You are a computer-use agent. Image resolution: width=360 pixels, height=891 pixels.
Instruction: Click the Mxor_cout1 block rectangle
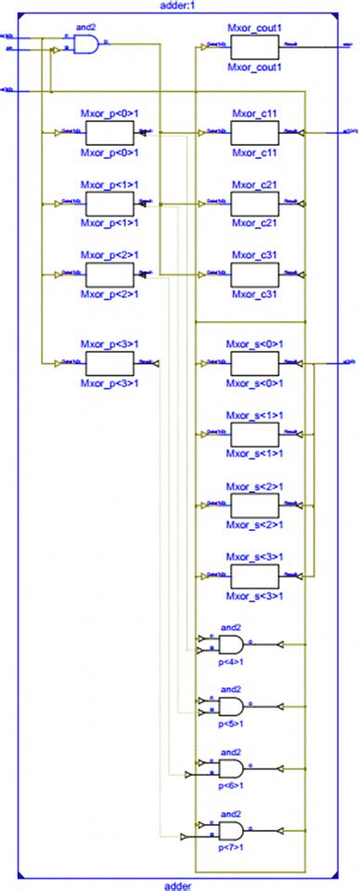point(253,44)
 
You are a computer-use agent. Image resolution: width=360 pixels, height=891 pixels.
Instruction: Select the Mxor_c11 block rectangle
point(253,133)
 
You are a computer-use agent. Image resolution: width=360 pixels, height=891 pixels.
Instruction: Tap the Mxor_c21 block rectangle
point(253,202)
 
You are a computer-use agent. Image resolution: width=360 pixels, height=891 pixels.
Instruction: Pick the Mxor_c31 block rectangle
point(253,274)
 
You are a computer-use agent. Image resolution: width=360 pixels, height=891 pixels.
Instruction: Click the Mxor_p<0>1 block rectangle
point(109,133)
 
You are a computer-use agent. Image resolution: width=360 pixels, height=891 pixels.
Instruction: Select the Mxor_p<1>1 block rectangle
point(109,202)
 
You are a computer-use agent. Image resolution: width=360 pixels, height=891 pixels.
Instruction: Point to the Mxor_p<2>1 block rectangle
point(109,274)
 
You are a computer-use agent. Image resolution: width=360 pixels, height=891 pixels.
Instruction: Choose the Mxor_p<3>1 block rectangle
point(109,362)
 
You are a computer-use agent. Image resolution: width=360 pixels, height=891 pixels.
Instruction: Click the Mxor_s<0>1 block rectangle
point(253,362)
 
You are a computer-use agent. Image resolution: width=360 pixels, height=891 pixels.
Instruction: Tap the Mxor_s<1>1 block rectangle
point(253,433)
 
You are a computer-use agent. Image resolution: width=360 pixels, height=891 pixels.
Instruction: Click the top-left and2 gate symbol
point(85,44)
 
